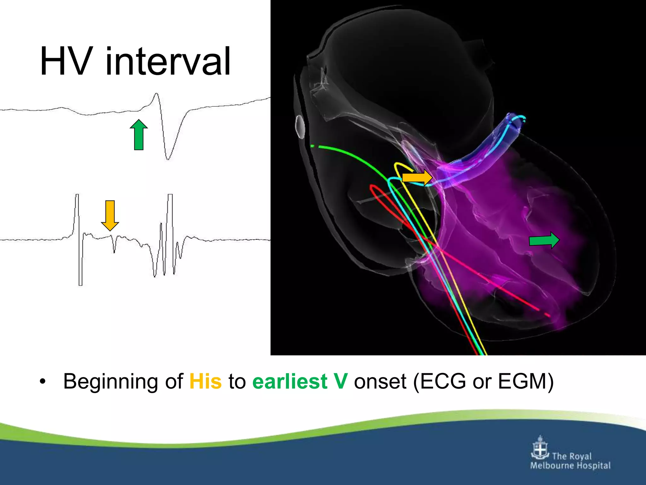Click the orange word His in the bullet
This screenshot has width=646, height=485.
coord(205,381)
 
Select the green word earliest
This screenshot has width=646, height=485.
coord(290,381)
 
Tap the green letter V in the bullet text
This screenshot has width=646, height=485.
coord(341,381)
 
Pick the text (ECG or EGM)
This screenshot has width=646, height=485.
coord(483,381)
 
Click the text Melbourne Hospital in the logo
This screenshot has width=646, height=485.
coord(570,466)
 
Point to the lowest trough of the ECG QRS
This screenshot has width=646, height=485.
coord(168,159)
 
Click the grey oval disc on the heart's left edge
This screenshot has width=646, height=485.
coord(300,127)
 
